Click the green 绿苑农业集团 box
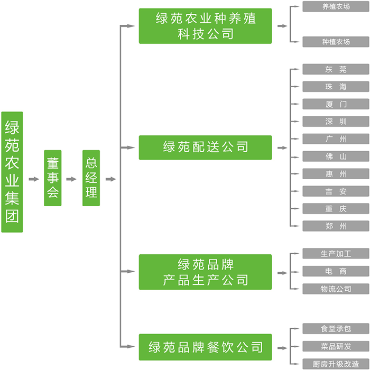click(12, 172)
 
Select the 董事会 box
click(52, 178)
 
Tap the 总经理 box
click(91, 178)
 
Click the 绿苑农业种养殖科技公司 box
click(205, 26)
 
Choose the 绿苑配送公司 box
click(205, 147)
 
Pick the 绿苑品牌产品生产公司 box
click(205, 272)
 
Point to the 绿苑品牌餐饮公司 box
click(205, 347)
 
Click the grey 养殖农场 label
click(336, 7)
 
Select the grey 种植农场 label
click(336, 42)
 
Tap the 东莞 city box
click(336, 70)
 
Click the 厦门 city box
click(336, 104)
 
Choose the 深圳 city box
click(336, 122)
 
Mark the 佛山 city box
click(336, 156)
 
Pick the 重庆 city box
click(336, 209)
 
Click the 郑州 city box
click(336, 226)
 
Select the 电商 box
click(336, 271)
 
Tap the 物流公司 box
click(336, 289)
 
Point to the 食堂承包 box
click(336, 329)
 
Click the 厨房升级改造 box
click(336, 364)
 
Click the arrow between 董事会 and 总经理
click(71, 179)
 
